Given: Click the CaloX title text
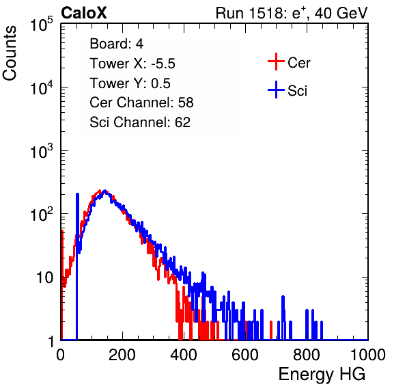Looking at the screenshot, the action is pyautogui.click(x=83, y=13).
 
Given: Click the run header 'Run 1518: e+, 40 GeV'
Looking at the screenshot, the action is pyautogui.click(x=292, y=13).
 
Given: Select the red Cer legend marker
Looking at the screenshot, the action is pyautogui.click(x=276, y=62).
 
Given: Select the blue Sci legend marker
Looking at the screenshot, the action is pyautogui.click(x=276, y=90).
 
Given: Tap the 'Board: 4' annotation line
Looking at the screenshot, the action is pyautogui.click(x=116, y=44).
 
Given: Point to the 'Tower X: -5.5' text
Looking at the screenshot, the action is pyautogui.click(x=132, y=64).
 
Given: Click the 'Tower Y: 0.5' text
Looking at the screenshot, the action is pyautogui.click(x=130, y=83).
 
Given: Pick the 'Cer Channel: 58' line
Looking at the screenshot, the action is pyautogui.click(x=141, y=103).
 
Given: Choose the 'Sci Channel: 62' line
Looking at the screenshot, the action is pyautogui.click(x=140, y=122).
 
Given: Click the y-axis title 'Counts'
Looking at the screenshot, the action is pyautogui.click(x=10, y=53).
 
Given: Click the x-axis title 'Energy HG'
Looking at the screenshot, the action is pyautogui.click(x=322, y=375).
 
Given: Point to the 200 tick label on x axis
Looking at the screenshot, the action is pyautogui.click(x=122, y=355).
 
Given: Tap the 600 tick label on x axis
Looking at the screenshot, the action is pyautogui.click(x=245, y=355).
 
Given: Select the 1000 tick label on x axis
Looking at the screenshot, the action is pyautogui.click(x=368, y=355).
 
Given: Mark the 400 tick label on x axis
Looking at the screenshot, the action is pyautogui.click(x=184, y=355).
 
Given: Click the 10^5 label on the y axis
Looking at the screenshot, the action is pyautogui.click(x=42, y=25).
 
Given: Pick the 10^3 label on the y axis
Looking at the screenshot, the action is pyautogui.click(x=42, y=152).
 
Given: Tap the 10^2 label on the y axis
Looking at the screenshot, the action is pyautogui.click(x=42, y=215).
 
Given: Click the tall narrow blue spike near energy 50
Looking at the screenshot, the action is pyautogui.click(x=77, y=267).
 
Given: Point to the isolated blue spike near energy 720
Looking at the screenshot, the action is pyautogui.click(x=283, y=318).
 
